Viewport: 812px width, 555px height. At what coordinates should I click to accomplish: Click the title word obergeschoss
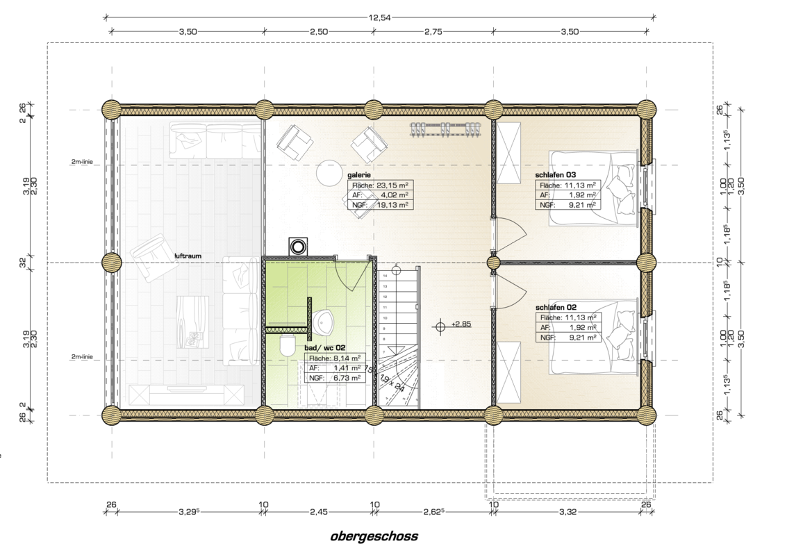[374, 536]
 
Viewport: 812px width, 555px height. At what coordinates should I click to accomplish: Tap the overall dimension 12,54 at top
[379, 17]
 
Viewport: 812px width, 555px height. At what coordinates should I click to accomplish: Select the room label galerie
[359, 175]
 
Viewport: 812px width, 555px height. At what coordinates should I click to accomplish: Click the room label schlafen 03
[555, 175]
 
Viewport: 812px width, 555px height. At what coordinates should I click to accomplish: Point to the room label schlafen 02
[556, 308]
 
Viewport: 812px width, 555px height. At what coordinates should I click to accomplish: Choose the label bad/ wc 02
[324, 348]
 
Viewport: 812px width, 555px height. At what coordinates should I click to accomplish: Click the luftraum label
[188, 256]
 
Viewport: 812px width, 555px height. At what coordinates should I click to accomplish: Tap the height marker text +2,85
[461, 324]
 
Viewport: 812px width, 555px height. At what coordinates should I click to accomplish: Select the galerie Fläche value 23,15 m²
[392, 185]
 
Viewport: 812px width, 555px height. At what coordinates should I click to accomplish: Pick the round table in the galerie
[331, 172]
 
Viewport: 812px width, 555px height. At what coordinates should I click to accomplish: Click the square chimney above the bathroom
[299, 246]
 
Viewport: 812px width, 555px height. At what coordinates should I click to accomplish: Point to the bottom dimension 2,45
[319, 512]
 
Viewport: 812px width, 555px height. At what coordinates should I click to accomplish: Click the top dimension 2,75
[433, 31]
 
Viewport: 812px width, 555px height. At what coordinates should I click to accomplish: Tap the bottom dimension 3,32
[567, 512]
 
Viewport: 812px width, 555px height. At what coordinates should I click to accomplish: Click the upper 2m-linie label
[82, 162]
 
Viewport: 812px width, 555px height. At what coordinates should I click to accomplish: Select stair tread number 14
[385, 276]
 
